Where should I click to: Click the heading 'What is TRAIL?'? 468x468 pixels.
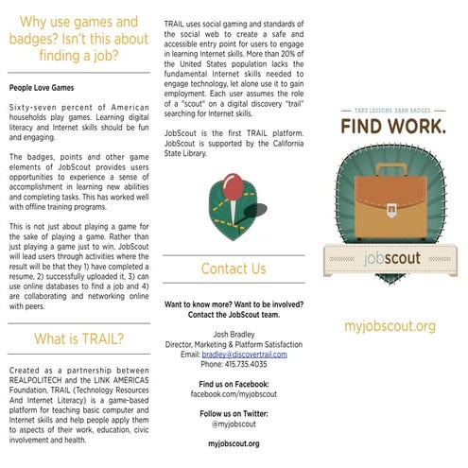(78, 338)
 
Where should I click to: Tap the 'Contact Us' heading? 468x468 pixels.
(233, 269)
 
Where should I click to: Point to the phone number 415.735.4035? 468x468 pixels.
(234, 364)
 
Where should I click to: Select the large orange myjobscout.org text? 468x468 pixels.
(390, 326)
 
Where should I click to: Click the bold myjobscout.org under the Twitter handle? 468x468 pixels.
(234, 442)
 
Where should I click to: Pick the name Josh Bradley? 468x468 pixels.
(234, 334)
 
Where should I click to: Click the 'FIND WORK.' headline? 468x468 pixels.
(389, 126)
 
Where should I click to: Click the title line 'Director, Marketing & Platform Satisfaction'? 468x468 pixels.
(234, 344)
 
